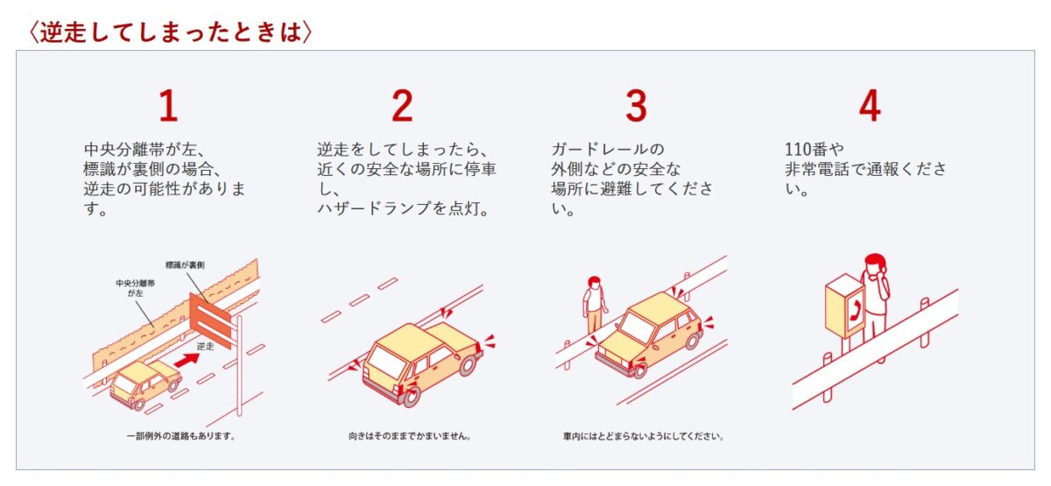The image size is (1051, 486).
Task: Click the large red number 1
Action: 168,106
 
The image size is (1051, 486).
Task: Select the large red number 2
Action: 402,106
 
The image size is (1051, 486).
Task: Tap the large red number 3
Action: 636,106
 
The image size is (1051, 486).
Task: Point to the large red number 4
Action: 870,106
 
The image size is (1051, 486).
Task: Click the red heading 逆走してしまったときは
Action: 170,32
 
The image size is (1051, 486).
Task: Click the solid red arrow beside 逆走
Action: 187,360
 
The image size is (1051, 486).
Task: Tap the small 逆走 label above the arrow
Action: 205,346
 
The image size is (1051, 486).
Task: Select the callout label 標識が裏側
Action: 185,265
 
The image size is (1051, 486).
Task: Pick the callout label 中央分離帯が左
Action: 135,288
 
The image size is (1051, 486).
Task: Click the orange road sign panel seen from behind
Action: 210,320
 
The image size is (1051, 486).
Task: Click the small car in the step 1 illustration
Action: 145,384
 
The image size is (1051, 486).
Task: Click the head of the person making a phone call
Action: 875,265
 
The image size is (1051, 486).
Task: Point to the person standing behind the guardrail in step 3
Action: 594,304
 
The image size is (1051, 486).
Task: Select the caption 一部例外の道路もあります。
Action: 181,436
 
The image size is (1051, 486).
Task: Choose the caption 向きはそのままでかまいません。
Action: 410,436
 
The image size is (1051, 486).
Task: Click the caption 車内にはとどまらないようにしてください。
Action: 643,436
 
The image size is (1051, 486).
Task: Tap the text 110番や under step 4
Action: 814,149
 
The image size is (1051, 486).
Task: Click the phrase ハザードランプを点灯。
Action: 404,208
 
